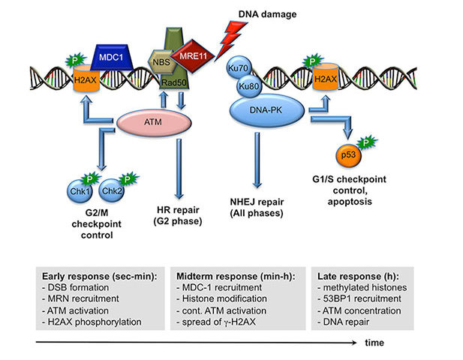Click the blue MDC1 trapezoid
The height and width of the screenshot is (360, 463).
[111, 57]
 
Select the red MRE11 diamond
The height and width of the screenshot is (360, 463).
[193, 55]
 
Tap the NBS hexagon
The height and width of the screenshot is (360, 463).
[161, 62]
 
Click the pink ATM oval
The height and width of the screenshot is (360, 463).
[154, 122]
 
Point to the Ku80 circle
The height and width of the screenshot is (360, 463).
[249, 86]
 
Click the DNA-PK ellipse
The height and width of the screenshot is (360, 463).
[266, 110]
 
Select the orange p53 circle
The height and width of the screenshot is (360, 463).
[349, 155]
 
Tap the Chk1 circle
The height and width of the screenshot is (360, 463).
[80, 191]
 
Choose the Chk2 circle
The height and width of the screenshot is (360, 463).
[112, 190]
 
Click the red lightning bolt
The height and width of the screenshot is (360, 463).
[230, 40]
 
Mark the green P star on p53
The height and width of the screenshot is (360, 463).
[366, 143]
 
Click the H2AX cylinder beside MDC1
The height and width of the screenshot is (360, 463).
[86, 79]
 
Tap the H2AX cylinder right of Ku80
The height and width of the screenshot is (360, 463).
[325, 77]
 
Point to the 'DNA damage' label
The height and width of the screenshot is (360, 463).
[267, 14]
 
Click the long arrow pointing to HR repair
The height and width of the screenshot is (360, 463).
[179, 169]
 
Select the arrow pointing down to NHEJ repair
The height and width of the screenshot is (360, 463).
[257, 160]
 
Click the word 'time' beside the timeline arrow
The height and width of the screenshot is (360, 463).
[374, 343]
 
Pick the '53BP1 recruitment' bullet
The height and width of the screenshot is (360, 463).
[359, 298]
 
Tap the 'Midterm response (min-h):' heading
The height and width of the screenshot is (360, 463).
[236, 276]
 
